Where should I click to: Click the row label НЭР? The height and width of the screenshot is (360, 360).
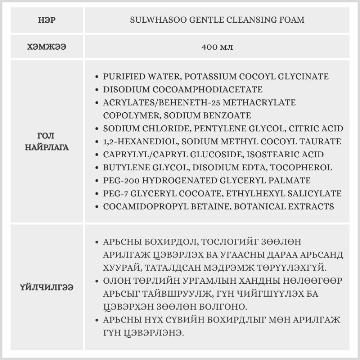click(46, 20)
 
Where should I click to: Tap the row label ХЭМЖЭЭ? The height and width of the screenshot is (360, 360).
click(46, 48)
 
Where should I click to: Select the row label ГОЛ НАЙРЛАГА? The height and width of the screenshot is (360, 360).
click(46, 141)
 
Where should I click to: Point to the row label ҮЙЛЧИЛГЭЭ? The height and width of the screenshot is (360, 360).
click(46, 288)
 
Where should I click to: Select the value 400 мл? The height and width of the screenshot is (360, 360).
click(217, 48)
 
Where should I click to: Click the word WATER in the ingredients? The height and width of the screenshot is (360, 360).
click(159, 77)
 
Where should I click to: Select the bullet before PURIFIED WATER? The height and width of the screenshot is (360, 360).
click(96, 77)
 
